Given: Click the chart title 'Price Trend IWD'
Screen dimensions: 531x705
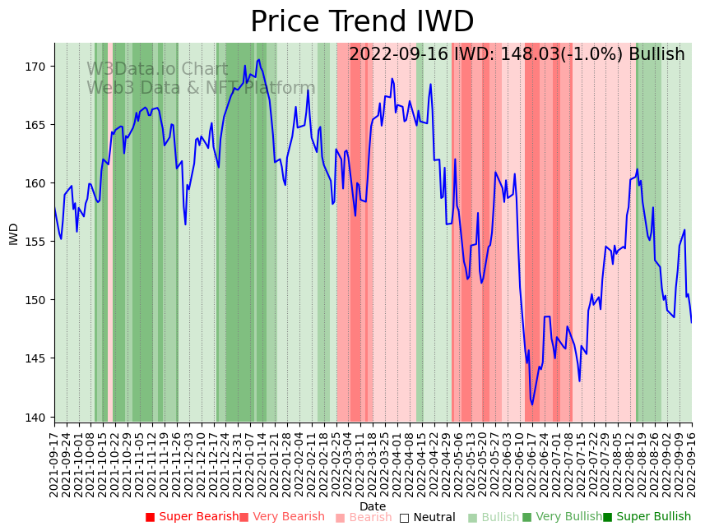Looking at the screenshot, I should (x=362, y=22).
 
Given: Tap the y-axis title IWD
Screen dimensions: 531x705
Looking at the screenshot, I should (x=13, y=233).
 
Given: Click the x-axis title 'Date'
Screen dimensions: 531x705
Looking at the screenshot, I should (x=373, y=506).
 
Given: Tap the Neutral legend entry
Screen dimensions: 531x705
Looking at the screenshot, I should (x=427, y=517).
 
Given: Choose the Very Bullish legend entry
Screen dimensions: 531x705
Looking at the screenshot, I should (x=562, y=517).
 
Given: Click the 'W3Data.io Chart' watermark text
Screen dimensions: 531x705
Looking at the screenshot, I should (x=157, y=70).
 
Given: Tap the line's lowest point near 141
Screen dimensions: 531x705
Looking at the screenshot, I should (x=531, y=404).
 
